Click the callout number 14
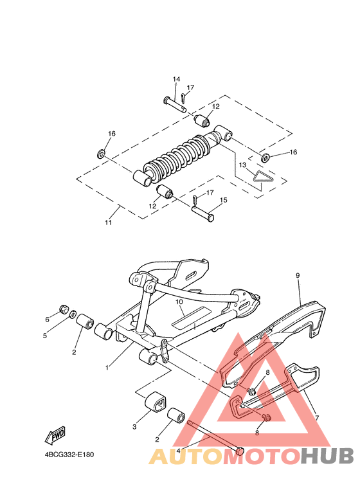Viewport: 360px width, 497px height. [176, 79]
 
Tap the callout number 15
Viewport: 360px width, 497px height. [223, 200]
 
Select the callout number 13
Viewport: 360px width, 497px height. [243, 165]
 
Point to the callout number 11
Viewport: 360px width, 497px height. [109, 222]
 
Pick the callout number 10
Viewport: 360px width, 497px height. [181, 302]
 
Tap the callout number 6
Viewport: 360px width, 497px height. [48, 319]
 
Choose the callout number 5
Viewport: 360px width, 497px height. [46, 335]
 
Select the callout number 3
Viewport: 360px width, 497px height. [135, 427]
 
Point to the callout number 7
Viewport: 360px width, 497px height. [316, 417]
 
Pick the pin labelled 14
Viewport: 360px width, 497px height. [173, 103]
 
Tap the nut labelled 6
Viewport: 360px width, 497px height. [64, 309]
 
